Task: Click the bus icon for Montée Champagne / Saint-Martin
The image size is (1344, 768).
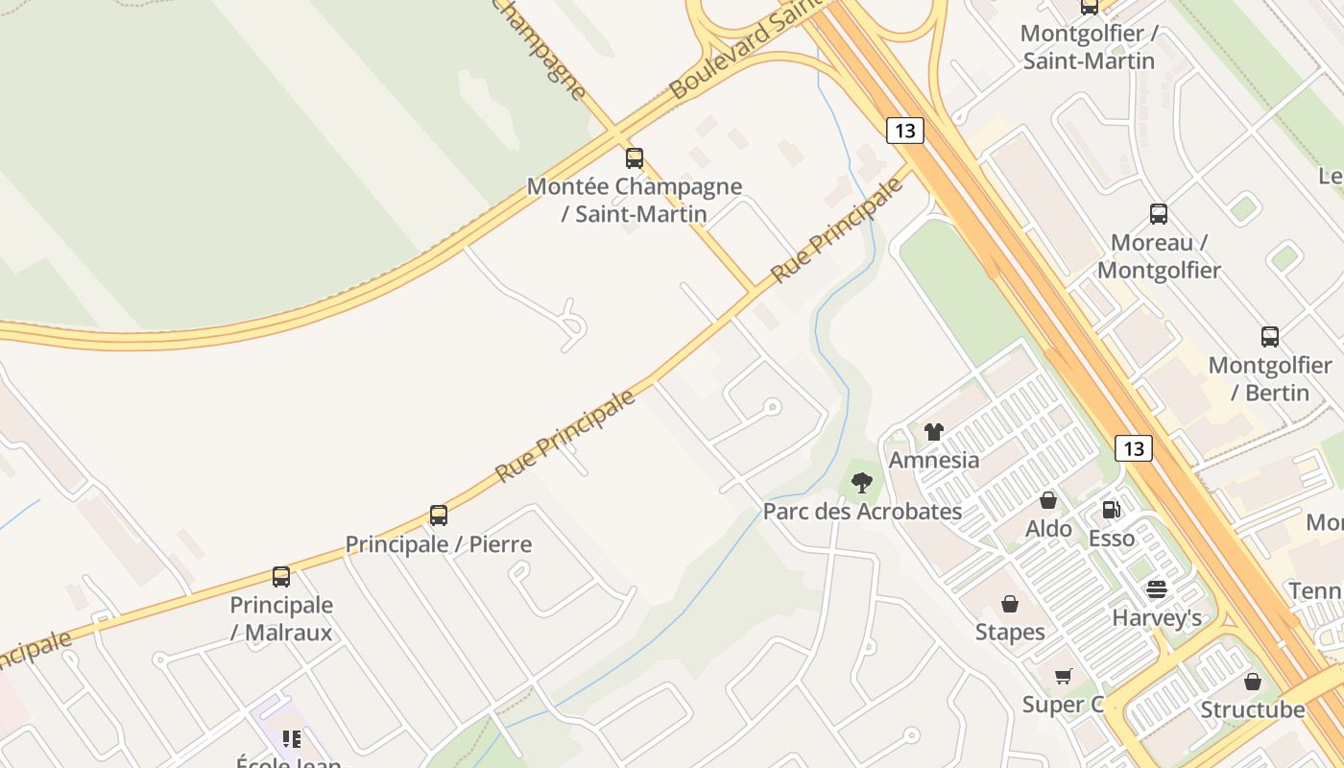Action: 635,158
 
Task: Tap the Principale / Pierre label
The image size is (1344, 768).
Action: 439,544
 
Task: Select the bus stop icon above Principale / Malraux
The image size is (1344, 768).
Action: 281,577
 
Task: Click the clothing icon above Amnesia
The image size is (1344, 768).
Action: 934,432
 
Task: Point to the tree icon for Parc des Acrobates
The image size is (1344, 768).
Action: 862,483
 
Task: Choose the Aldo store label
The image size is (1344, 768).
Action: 1048,528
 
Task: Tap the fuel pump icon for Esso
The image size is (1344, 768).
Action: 1111,510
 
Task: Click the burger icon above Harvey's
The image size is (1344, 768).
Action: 1157,589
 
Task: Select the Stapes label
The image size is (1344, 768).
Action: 1010,632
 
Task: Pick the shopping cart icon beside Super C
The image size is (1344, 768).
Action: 1063,677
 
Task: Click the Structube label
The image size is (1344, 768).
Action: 1253,710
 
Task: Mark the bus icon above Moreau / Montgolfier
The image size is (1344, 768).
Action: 1159,213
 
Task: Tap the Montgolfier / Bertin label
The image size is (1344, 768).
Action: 1270,378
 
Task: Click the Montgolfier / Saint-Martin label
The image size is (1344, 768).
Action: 1089,47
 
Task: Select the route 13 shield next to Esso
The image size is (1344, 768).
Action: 1134,447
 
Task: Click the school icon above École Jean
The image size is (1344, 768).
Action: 291,739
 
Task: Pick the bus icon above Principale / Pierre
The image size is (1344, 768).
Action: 439,516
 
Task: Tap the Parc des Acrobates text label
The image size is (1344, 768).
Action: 862,511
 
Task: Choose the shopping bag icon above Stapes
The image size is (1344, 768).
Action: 1010,604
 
